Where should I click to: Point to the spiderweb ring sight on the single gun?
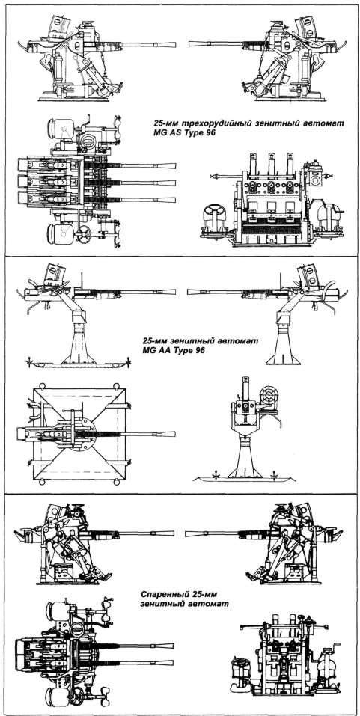click(267, 392)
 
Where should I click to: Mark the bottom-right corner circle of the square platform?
click(117, 483)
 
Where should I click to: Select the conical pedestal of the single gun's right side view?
click(284, 342)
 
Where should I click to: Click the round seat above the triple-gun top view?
click(64, 129)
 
